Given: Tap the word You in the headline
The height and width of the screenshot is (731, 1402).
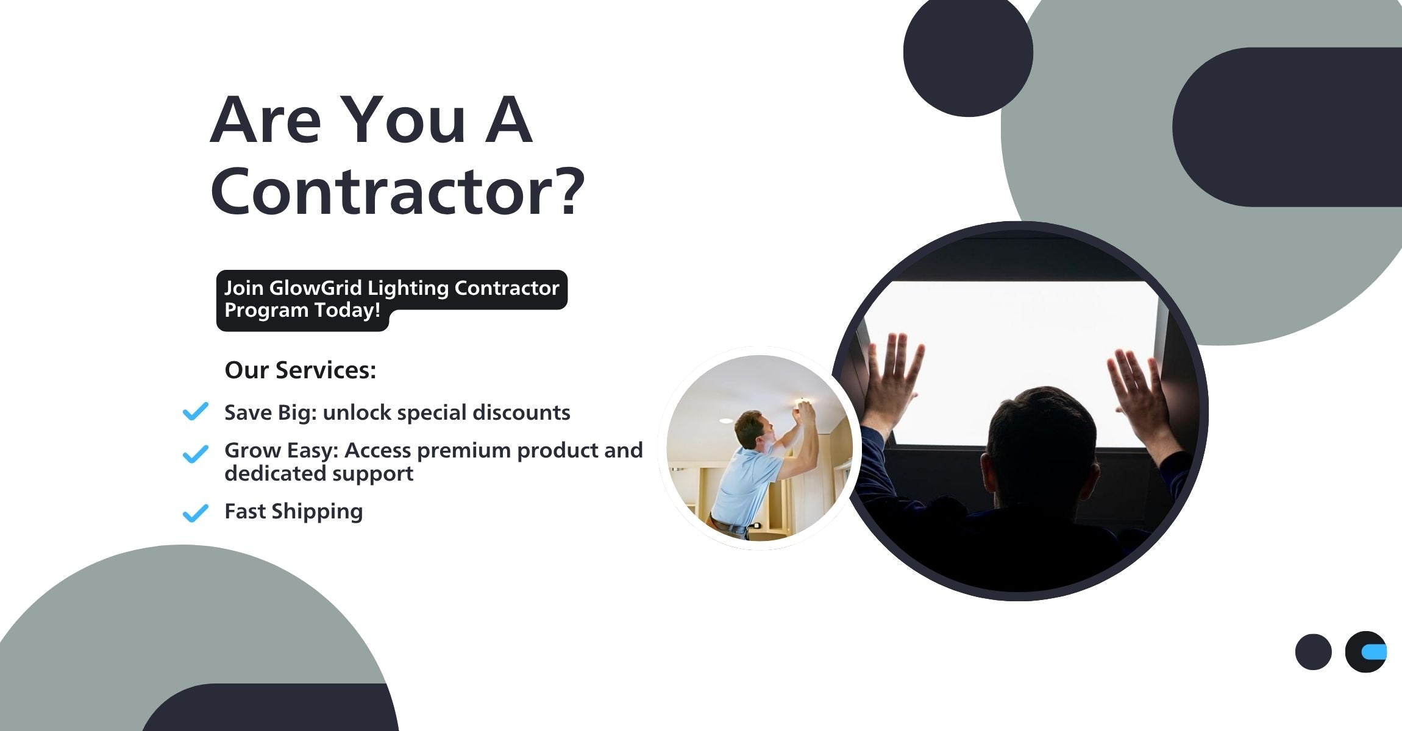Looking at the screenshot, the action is coord(406,119).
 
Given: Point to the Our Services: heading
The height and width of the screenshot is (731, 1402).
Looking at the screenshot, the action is coord(301,370).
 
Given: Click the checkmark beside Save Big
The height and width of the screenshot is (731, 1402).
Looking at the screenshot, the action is coord(196,411).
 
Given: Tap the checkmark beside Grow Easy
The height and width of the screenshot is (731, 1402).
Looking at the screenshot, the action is coord(196,454).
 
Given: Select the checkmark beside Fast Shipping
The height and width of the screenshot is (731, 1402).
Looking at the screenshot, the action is coord(196,513).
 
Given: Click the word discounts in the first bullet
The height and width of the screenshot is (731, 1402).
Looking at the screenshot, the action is coord(521,412).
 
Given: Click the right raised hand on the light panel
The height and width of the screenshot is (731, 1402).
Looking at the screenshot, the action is coord(1139,390).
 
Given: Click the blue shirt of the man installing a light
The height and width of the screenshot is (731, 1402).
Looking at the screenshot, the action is coord(745,484).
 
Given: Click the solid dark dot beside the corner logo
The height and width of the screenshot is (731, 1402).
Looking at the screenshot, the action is coord(1313,652).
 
